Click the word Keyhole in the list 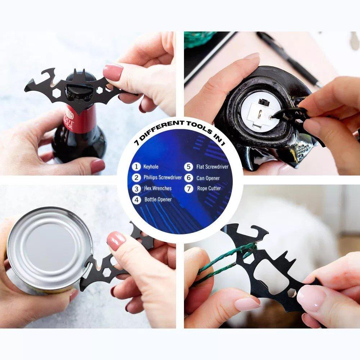point(150,167)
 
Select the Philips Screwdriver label point(163,177)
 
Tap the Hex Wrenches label point(158,188)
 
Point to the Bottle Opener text point(158,199)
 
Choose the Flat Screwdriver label point(212,167)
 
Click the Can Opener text point(208,178)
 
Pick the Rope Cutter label point(209,189)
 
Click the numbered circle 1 point(136,167)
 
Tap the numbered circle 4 point(136,200)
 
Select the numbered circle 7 point(189,189)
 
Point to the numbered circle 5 point(189,167)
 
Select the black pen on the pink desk point(290,59)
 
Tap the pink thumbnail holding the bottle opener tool point(113,72)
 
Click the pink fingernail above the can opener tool point(116,241)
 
